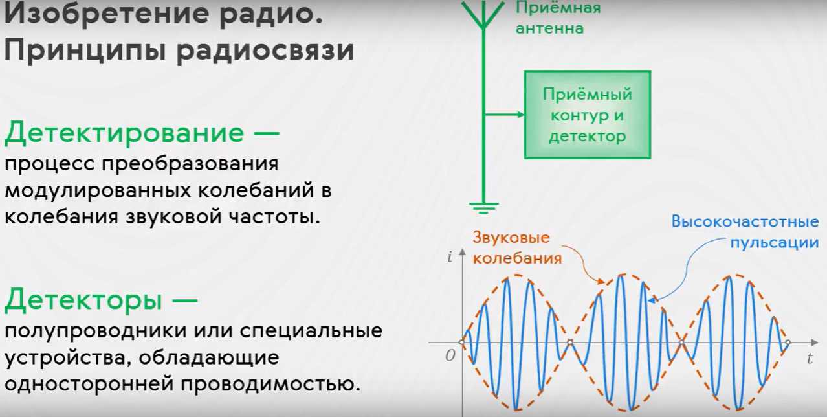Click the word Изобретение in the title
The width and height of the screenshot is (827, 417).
(107, 14)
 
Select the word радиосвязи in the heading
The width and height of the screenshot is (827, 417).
(265, 51)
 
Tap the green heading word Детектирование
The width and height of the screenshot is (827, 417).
(124, 133)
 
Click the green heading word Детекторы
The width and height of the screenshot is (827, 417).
(83, 300)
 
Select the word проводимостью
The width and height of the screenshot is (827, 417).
(270, 385)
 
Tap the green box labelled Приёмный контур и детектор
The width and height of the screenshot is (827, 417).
(588, 115)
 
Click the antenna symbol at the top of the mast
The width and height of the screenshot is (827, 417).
(483, 14)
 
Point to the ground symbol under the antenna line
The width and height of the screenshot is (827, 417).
(483, 208)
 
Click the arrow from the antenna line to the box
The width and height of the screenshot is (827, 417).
(504, 115)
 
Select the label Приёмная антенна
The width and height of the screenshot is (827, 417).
(558, 17)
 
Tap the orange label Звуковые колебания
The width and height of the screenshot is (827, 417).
(517, 248)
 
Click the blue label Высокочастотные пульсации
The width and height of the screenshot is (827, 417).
(745, 232)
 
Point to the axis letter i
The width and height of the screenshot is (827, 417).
(449, 256)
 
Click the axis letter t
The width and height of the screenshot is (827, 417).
(810, 358)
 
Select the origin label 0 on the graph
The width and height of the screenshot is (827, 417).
(450, 355)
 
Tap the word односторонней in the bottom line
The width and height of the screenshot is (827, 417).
(89, 384)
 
